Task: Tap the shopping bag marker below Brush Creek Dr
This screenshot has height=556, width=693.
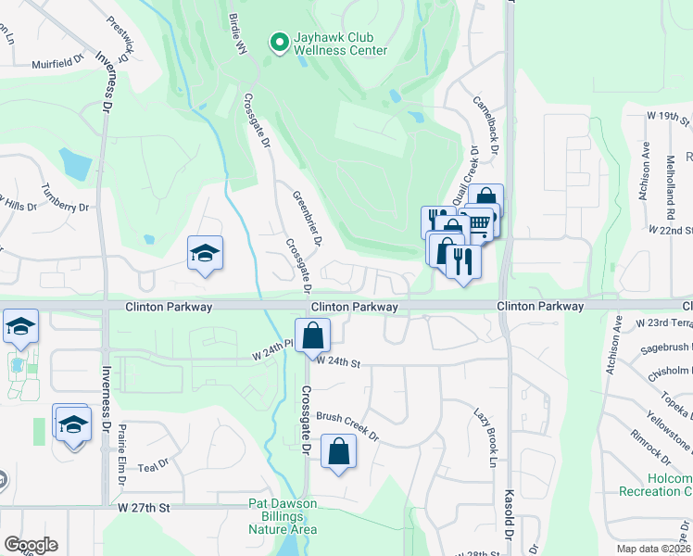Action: pyautogui.click(x=339, y=453)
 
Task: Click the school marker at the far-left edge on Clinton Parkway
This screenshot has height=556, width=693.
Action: pyautogui.click(x=19, y=326)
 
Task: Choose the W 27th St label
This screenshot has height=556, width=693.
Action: pyautogui.click(x=145, y=508)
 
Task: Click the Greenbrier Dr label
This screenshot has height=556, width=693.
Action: pyautogui.click(x=308, y=218)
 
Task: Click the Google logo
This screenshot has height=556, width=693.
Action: pyautogui.click(x=31, y=545)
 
